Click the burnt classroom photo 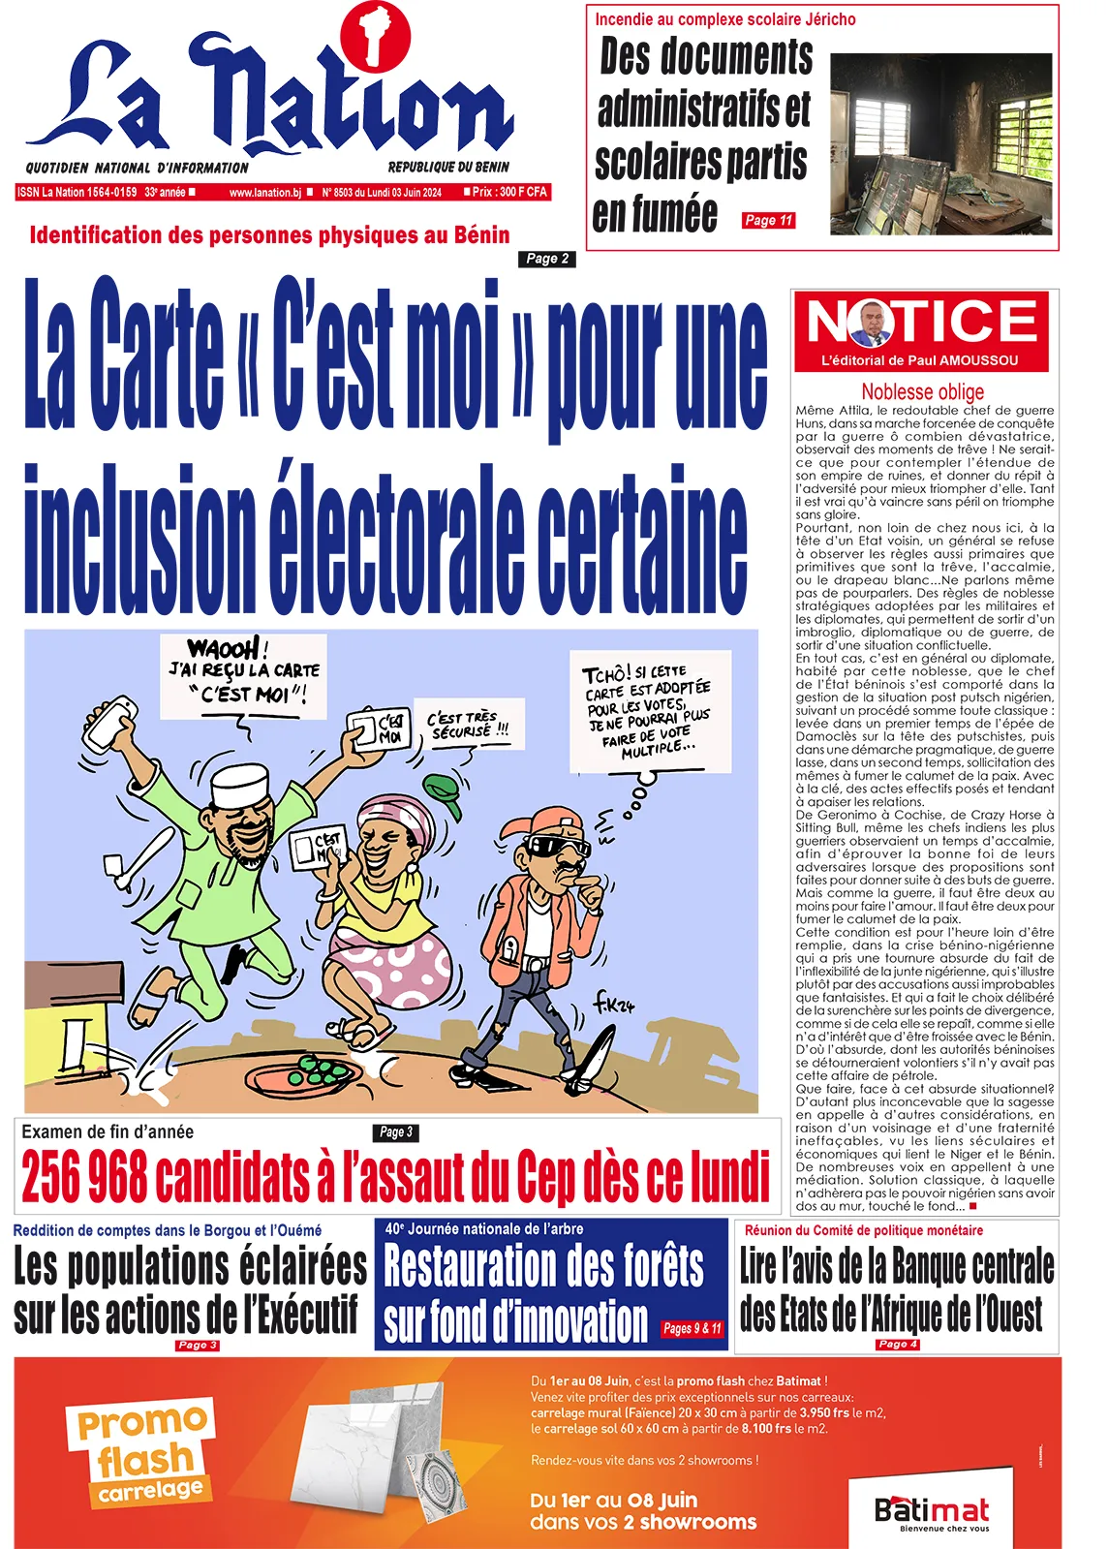940,143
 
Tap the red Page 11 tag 769,221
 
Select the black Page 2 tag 547,259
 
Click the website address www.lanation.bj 265,193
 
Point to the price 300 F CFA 510,192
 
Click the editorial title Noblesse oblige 922,391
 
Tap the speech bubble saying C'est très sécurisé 469,725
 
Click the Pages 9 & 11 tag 692,1328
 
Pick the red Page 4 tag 897,1345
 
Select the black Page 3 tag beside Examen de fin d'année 395,1131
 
